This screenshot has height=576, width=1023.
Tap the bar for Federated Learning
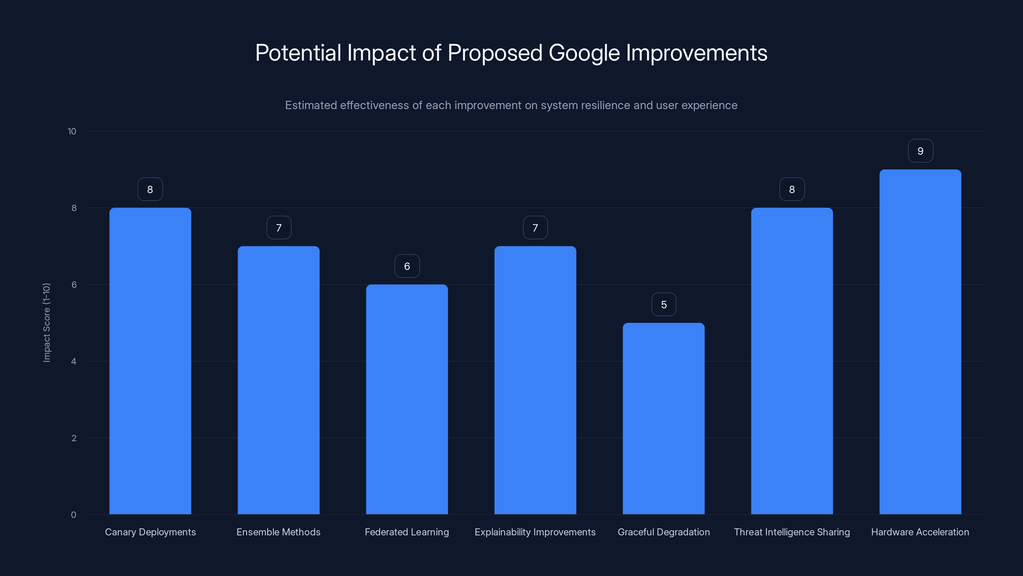coord(407,399)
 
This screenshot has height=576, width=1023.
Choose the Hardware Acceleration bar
coord(920,342)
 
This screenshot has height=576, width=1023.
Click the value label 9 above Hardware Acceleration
coord(920,151)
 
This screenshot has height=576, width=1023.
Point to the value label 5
coord(664,305)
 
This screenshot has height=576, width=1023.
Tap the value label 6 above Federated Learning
coord(407,266)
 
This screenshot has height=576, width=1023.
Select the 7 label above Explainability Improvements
coord(535,228)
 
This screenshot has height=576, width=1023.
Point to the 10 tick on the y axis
coord(72,131)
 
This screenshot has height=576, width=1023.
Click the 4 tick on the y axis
coord(74,361)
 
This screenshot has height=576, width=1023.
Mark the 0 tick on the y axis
coord(74,515)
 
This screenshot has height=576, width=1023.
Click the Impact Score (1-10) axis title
coord(46,322)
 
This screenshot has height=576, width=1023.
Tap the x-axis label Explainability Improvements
coord(535,532)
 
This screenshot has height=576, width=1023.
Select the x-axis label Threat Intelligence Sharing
coord(792,532)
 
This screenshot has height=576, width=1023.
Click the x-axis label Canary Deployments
coord(150,532)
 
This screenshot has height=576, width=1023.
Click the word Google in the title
coord(584,53)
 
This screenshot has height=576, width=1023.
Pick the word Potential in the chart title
coord(298,53)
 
